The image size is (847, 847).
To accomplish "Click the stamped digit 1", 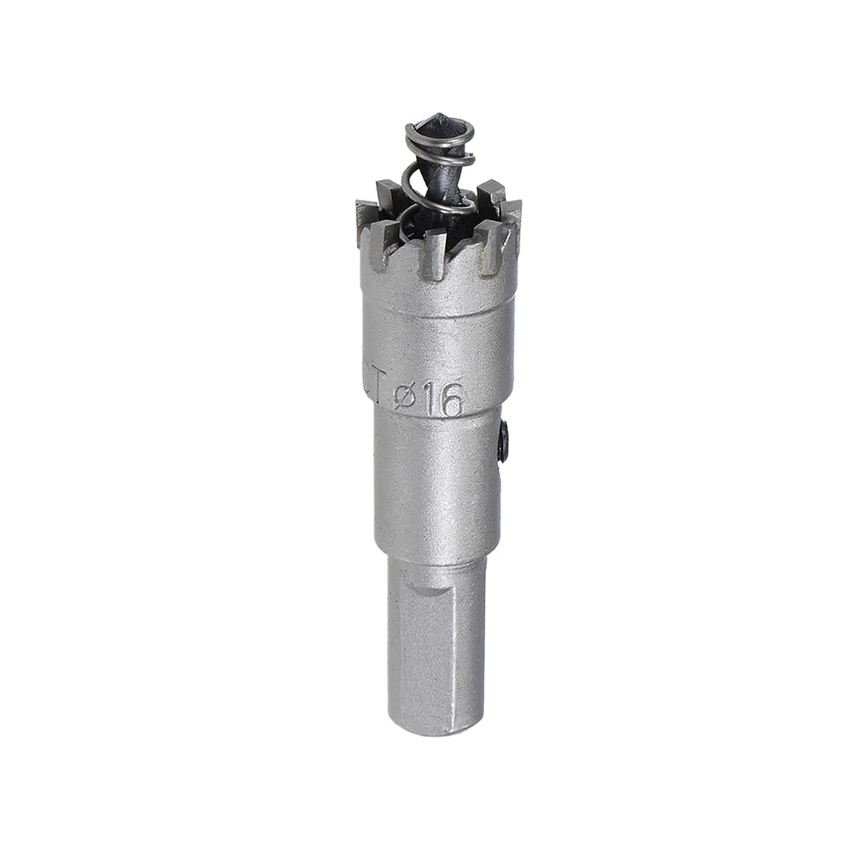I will pyautogui.click(x=427, y=402).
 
